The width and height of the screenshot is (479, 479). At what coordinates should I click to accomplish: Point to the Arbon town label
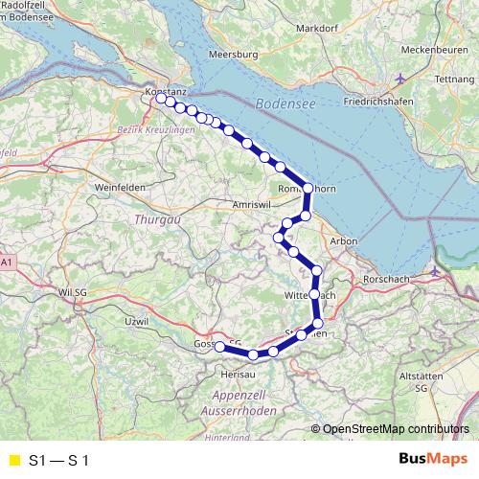coord(342,243)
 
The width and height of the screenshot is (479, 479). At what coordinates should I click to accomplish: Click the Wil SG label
coord(73,290)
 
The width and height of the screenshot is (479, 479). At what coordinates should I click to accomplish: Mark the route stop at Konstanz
coord(160,97)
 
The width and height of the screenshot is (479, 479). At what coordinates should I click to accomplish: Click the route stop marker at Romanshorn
coord(308,188)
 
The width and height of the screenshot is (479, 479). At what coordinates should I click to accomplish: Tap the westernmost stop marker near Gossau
coord(218,346)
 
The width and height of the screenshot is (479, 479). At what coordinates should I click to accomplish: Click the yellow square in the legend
coord(12,461)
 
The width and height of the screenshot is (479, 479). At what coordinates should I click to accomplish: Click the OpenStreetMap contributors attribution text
coord(396,428)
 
